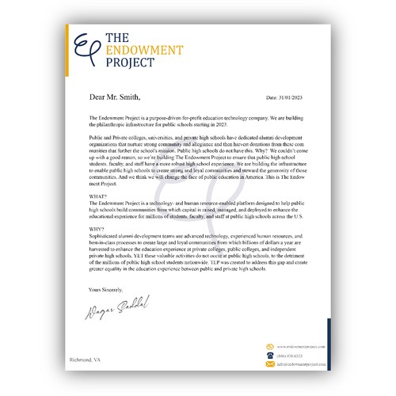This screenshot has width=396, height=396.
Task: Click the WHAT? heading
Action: [x=99, y=196]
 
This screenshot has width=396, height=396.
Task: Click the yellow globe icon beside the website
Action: [x=269, y=346]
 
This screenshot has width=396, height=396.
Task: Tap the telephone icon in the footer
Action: [x=269, y=356]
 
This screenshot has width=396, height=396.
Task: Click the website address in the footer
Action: [x=302, y=346]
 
